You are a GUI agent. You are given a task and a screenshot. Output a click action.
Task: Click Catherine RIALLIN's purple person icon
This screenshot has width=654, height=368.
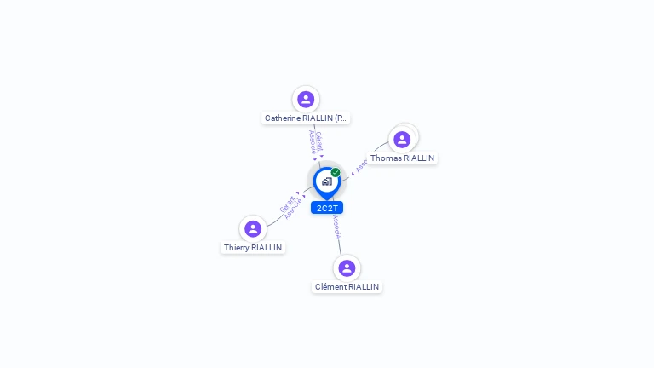[x=306, y=99]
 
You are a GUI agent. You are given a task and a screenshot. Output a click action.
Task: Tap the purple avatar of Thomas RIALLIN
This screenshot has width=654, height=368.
[x=402, y=139]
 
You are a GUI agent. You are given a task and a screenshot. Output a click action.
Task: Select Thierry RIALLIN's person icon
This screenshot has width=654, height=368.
[x=253, y=228]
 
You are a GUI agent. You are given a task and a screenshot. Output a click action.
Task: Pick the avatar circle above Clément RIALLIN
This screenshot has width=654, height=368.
[x=347, y=267]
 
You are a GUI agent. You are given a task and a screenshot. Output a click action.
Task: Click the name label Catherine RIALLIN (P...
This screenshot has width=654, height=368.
[x=306, y=118]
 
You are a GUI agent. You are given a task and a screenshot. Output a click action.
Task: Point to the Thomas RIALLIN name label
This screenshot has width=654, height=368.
[x=402, y=158]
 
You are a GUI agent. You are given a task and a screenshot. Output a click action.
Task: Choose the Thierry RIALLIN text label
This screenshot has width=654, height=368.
[x=253, y=248]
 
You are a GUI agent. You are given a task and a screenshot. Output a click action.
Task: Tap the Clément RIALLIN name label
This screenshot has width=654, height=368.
[x=347, y=287]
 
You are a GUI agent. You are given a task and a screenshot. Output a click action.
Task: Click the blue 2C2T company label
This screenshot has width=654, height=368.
[x=327, y=208]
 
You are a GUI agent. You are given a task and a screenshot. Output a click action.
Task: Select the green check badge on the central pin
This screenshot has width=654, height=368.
[x=336, y=173]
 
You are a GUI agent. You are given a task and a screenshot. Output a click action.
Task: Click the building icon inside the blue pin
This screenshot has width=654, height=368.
[x=326, y=181]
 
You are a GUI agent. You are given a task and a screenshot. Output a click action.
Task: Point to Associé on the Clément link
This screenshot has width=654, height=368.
[x=337, y=226]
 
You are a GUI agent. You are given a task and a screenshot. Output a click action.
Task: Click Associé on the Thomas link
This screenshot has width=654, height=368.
[x=362, y=165]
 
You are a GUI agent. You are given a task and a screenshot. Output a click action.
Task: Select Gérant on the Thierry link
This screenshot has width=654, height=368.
[x=287, y=204]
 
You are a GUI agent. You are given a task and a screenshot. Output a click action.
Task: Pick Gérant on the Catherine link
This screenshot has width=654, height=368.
[x=318, y=141]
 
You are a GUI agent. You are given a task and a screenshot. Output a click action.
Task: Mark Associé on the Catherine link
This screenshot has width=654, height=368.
[x=312, y=141]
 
